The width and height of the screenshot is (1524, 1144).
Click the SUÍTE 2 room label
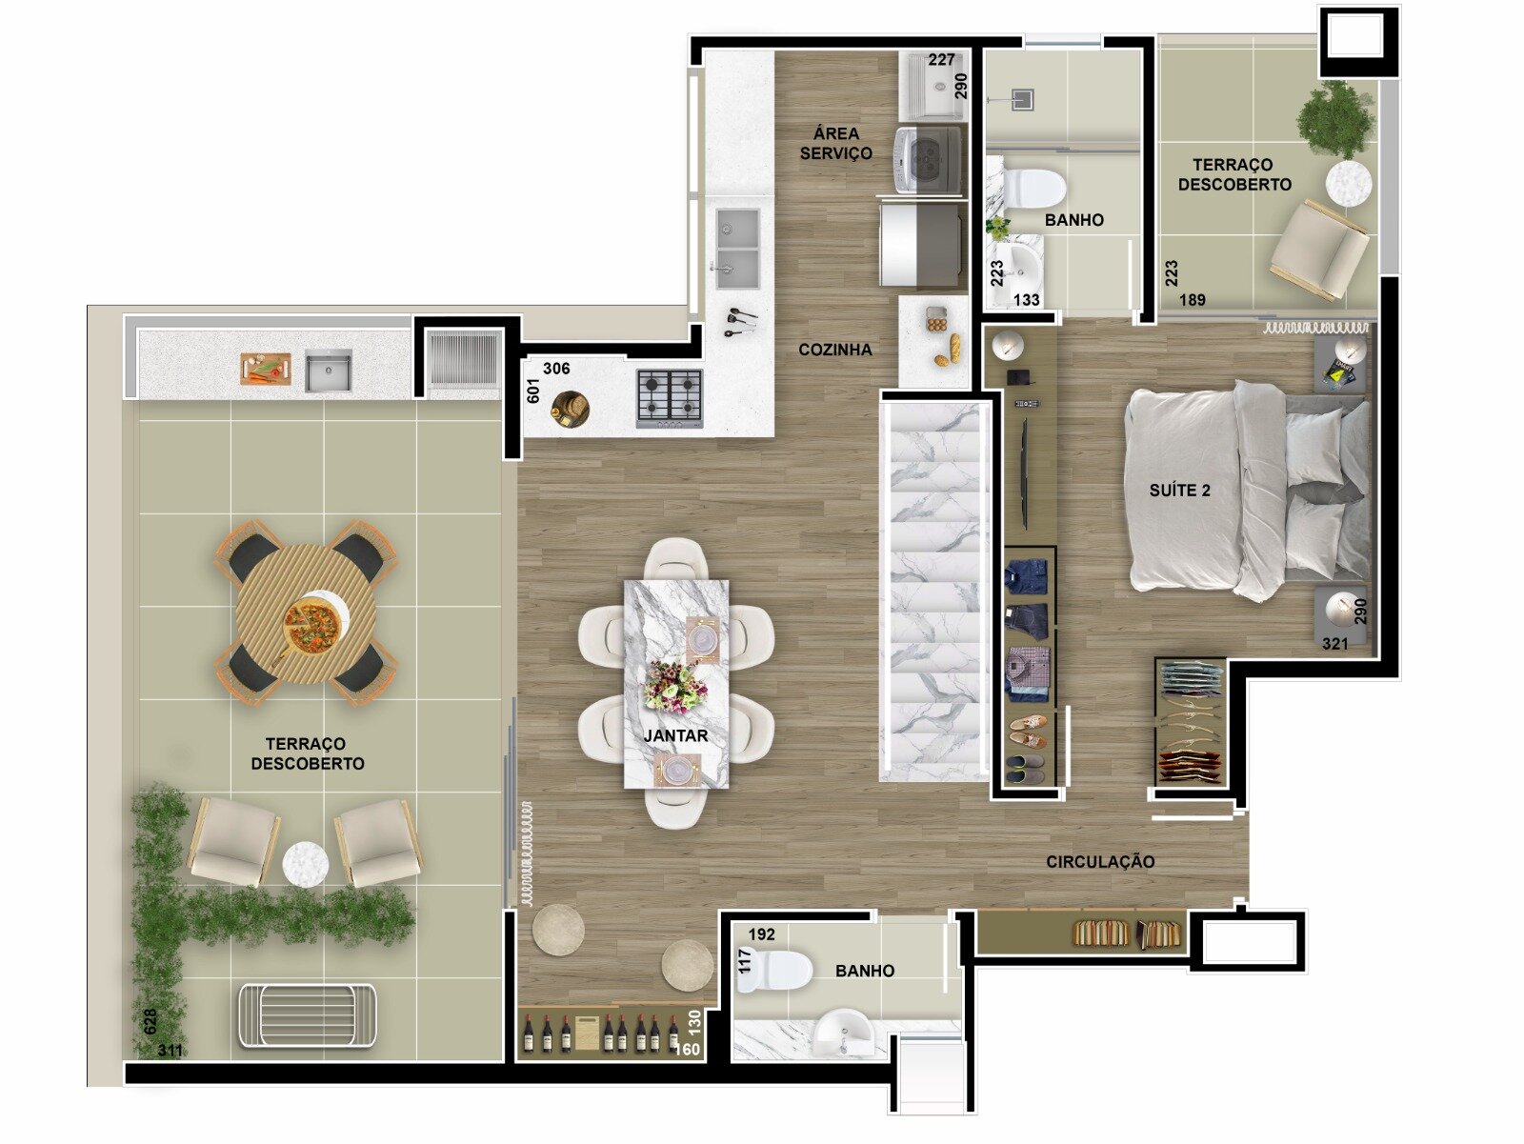(x=1179, y=491)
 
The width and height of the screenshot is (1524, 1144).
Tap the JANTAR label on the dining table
(x=675, y=735)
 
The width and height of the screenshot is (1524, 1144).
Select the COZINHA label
(x=835, y=350)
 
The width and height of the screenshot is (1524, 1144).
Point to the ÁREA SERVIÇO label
(x=836, y=143)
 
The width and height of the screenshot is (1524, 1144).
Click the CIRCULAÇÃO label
(x=1100, y=862)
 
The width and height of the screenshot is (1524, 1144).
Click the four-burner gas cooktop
(x=670, y=398)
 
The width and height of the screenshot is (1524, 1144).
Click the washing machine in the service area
(x=929, y=160)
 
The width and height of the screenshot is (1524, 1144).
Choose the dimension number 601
(x=533, y=391)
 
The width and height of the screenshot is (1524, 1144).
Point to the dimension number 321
(x=1335, y=644)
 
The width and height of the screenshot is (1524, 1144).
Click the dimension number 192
(x=762, y=934)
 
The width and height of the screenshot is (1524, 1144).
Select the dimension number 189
(x=1193, y=300)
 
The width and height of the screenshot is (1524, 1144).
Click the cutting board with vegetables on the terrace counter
(x=266, y=369)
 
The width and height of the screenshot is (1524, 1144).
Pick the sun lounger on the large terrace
(x=308, y=1016)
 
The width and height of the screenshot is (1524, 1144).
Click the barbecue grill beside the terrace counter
(x=463, y=358)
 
